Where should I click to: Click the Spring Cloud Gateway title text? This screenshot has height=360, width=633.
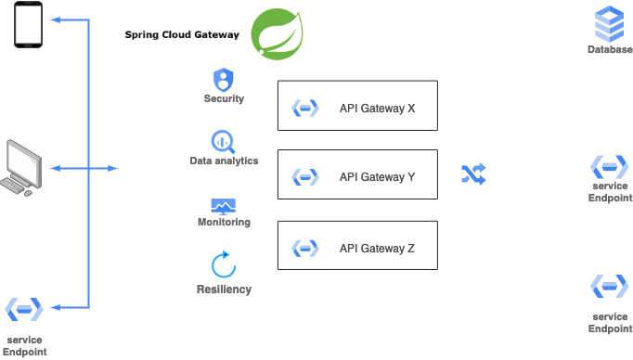click(x=182, y=35)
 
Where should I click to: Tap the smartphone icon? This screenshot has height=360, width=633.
click(x=28, y=24)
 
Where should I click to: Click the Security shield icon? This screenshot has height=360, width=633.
click(x=224, y=79)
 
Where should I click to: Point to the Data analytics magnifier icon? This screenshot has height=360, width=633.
click(x=224, y=141)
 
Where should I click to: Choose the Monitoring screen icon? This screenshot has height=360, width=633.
click(x=224, y=205)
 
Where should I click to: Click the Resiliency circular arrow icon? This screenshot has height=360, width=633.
click(x=224, y=265)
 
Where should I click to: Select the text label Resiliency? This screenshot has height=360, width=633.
click(x=224, y=289)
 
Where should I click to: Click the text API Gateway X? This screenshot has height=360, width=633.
click(x=377, y=109)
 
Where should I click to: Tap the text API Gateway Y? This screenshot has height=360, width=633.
click(x=377, y=177)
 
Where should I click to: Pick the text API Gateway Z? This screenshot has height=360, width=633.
click(x=377, y=248)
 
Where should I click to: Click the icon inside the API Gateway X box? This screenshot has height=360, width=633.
click(x=305, y=109)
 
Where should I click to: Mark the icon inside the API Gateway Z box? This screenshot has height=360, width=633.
click(x=305, y=248)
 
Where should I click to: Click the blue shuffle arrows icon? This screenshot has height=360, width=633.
click(x=473, y=174)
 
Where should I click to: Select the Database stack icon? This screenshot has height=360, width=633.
click(x=609, y=22)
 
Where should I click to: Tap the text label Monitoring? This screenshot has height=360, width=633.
click(x=224, y=223)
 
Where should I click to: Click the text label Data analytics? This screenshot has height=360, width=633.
click(x=224, y=161)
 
